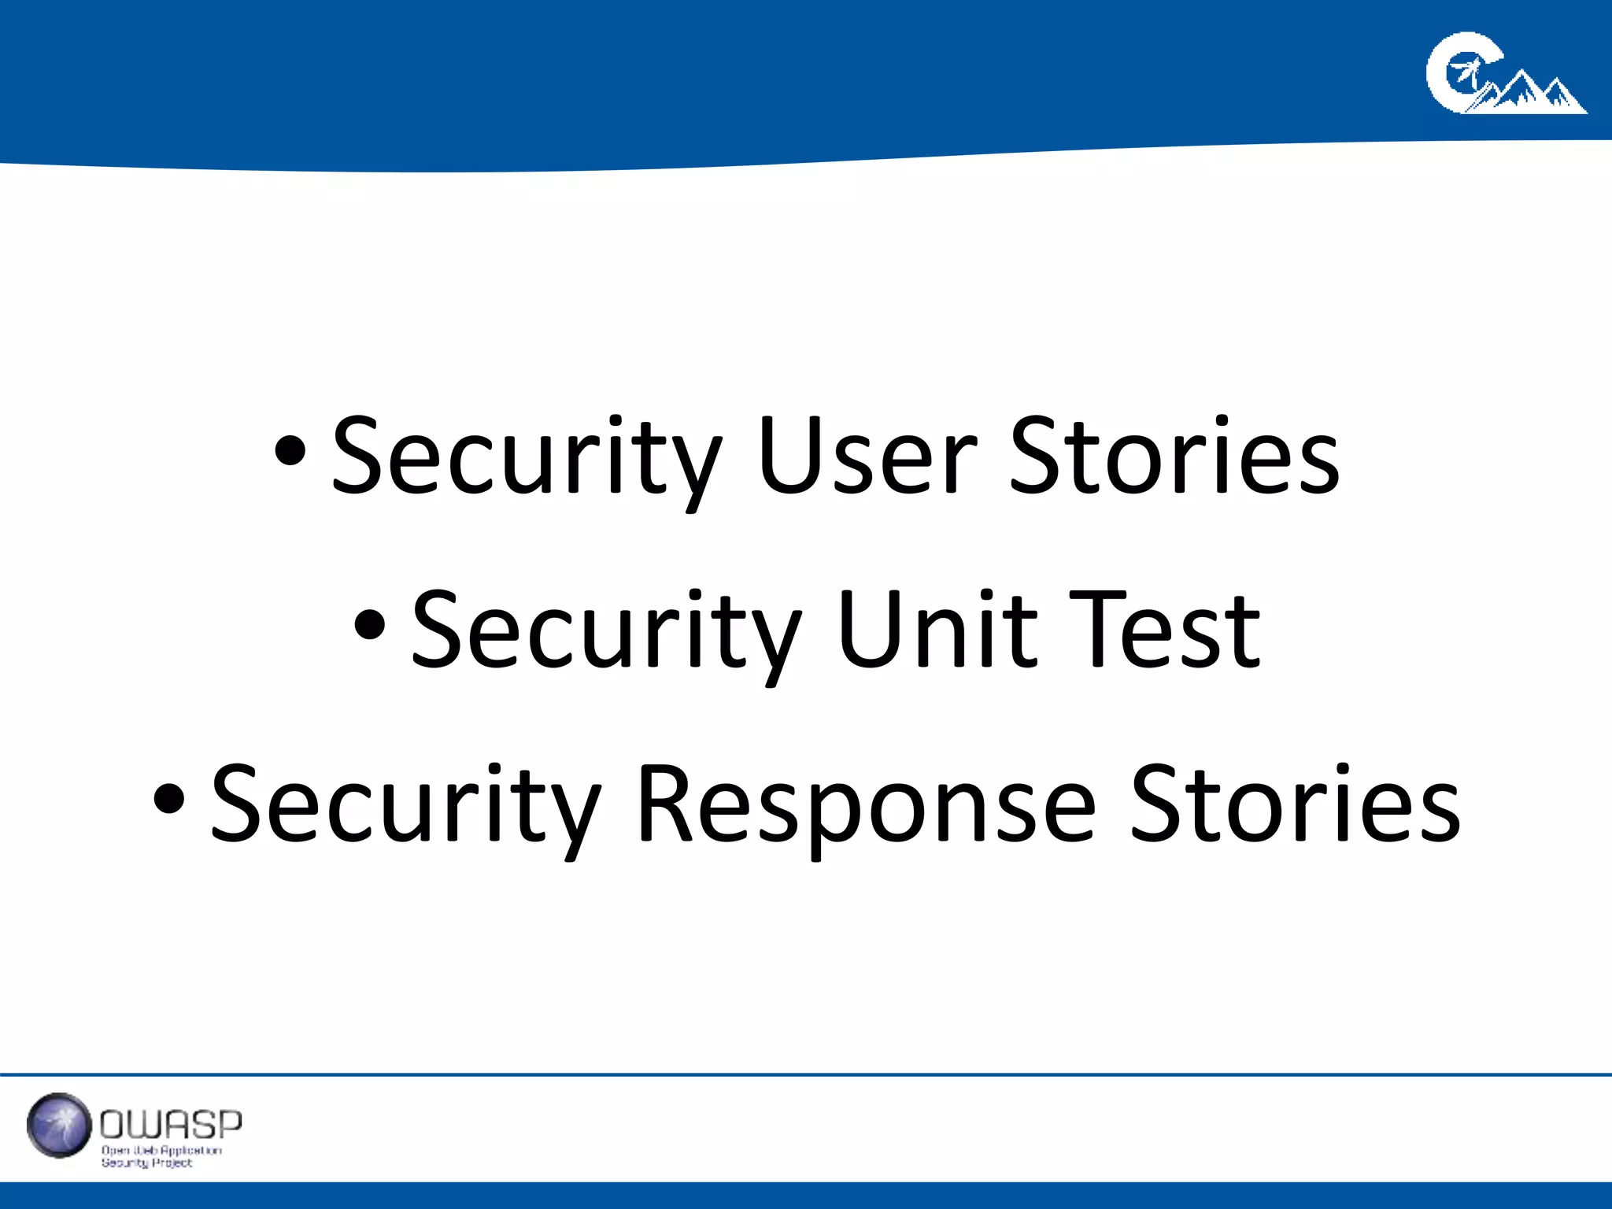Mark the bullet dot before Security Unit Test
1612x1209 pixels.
click(x=370, y=627)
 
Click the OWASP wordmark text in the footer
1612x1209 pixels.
click(x=171, y=1125)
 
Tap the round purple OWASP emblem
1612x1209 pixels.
click(x=58, y=1126)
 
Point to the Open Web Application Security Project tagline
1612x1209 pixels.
click(x=161, y=1156)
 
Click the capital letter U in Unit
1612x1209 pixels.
click(x=869, y=630)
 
